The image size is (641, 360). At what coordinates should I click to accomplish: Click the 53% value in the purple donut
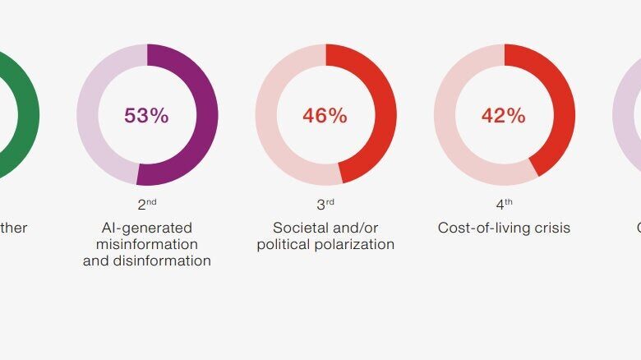pos(146,116)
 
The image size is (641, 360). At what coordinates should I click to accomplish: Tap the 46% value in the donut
pos(325,116)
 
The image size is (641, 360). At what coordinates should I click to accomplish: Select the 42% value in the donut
pos(503,116)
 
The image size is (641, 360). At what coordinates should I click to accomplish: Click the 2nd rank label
pos(146,204)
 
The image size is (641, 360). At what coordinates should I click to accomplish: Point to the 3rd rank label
pos(325,204)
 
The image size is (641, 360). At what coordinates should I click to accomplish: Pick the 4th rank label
pos(503,204)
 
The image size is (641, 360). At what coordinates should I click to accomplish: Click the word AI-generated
pos(146,228)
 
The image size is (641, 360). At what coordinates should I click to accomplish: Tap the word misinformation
pos(146,244)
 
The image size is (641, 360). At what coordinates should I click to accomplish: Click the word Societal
pos(299,228)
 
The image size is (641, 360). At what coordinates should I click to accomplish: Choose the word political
pos(284,244)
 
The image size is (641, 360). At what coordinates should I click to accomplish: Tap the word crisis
pos(551,228)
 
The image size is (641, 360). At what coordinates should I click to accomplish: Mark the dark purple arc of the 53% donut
pos(207,115)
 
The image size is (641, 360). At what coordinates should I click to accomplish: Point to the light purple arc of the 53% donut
pos(87,115)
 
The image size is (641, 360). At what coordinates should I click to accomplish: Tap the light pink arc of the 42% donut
pos(444,115)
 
